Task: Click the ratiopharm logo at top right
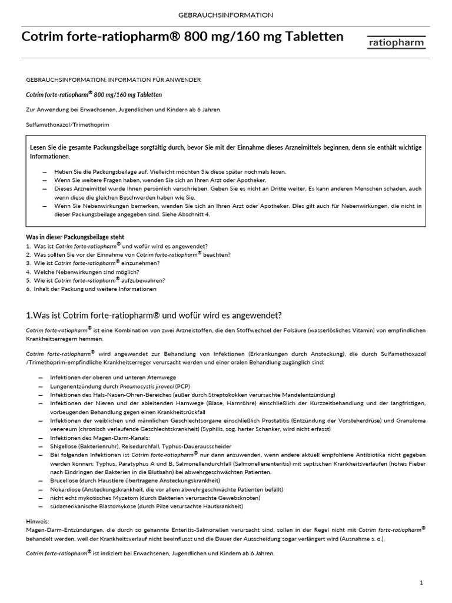pos(397,42)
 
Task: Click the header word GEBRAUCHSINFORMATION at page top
pos(225,14)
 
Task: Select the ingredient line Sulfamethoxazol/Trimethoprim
pos(68,125)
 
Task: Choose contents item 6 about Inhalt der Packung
pos(91,289)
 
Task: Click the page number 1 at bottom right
pos(421,583)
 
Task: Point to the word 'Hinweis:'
pos(38,521)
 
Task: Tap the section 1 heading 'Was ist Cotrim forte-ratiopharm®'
pos(154,315)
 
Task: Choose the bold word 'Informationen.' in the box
pos(50,156)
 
